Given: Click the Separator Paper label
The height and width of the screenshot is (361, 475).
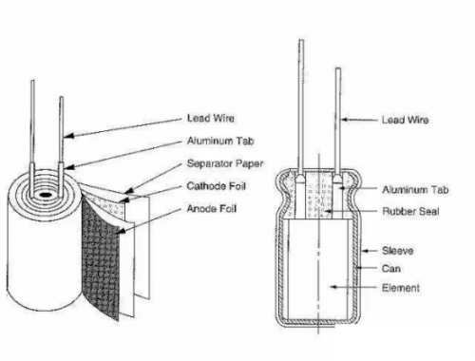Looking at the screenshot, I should click(218, 161).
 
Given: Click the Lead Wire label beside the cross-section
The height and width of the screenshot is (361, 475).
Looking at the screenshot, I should click(403, 120).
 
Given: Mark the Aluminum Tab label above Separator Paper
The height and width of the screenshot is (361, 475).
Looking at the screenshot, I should click(216, 140).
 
